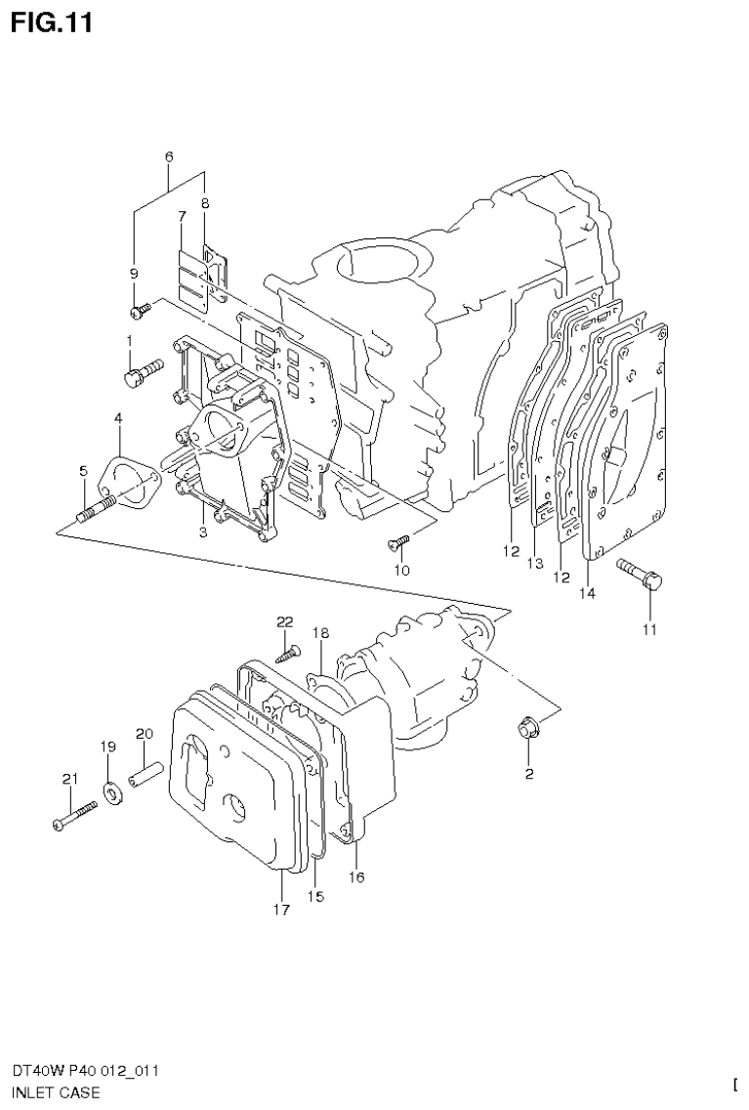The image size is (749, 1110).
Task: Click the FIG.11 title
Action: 52,22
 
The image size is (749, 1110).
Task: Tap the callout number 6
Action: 169,156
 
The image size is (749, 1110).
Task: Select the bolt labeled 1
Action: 141,372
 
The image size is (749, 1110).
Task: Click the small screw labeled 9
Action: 139,311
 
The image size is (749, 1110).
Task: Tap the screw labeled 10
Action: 398,536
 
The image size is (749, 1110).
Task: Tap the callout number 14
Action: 587,592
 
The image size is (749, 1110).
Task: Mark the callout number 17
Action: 281,910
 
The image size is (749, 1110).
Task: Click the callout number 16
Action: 356,877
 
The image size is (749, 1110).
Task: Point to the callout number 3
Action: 202,532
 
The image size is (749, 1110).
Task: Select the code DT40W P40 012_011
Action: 86,1071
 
